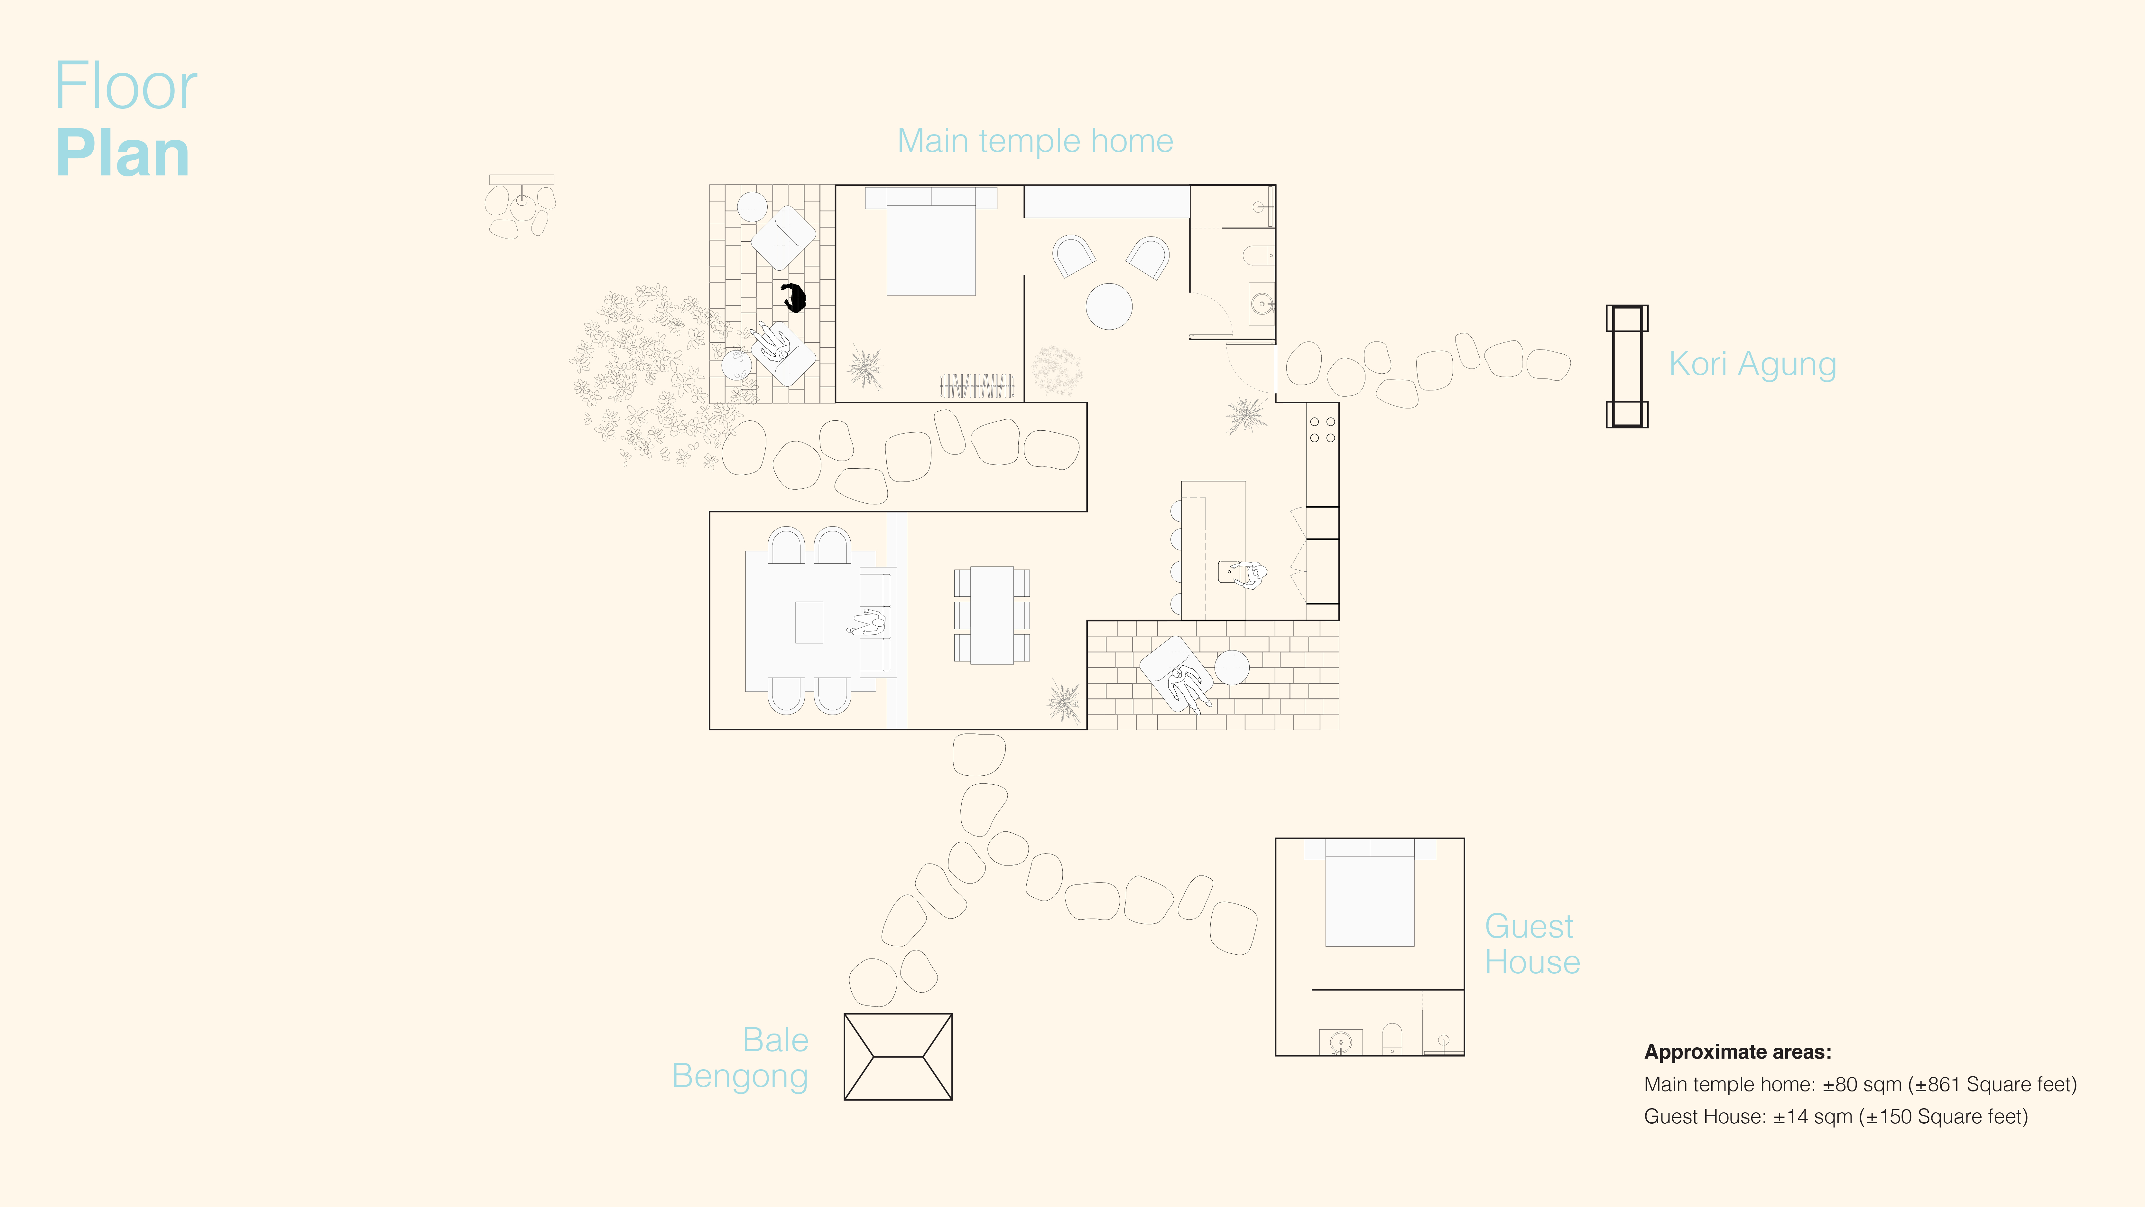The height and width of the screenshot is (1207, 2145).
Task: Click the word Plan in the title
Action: (123, 154)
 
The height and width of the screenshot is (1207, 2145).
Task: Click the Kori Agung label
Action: (1752, 364)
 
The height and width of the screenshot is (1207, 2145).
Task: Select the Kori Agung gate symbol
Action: (1626, 367)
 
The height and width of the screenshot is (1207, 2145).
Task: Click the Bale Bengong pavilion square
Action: (898, 1056)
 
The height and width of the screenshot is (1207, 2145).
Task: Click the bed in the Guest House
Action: (1369, 895)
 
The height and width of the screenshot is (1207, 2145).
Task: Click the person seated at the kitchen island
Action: (1249, 575)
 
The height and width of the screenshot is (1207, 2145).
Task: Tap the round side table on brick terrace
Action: (1232, 667)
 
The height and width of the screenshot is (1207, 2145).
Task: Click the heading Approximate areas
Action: (1737, 1052)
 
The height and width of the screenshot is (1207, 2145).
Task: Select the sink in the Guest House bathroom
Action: (1340, 1042)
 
